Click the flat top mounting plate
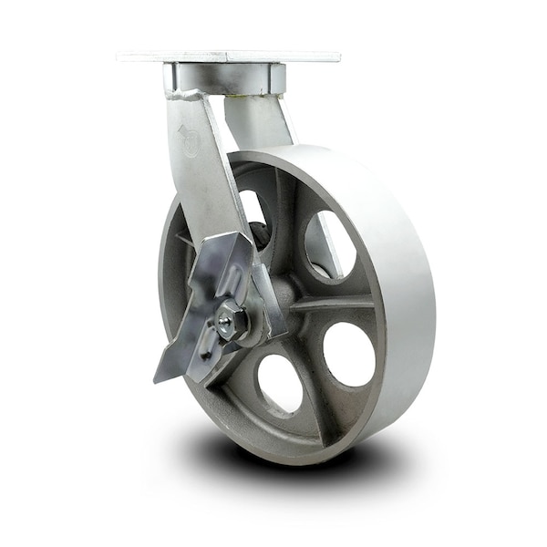tap(228, 57)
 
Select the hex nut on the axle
tap(232, 322)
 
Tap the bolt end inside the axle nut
tap(225, 321)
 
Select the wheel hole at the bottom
tap(279, 382)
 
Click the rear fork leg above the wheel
tap(260, 123)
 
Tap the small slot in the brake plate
tap(208, 347)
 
